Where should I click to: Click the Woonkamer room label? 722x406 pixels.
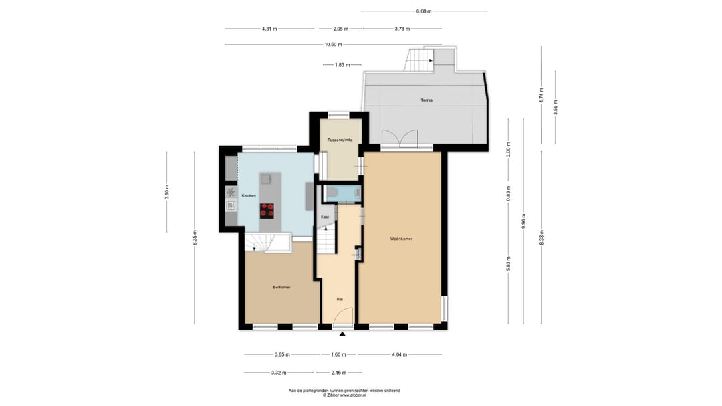(x=401, y=239)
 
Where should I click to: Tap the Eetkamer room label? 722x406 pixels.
(x=281, y=287)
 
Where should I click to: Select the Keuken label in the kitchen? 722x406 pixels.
(x=249, y=195)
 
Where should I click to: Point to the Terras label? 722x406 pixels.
(x=427, y=100)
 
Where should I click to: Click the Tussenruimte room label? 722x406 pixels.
(x=340, y=140)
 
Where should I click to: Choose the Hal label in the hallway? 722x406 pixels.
(x=340, y=299)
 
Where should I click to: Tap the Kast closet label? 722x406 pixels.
(x=325, y=217)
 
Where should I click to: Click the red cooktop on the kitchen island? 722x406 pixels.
(x=267, y=210)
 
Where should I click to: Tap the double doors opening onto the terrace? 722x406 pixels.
(x=400, y=138)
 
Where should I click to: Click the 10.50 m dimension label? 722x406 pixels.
(x=334, y=45)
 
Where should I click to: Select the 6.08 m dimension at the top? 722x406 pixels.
(x=424, y=11)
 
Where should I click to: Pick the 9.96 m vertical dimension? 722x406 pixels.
(x=524, y=221)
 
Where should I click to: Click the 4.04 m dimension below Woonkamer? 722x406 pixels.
(x=399, y=355)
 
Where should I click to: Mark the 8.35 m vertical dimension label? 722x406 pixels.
(x=195, y=238)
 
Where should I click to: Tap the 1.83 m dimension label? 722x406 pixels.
(x=342, y=65)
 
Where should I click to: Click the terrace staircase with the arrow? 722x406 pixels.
(x=419, y=60)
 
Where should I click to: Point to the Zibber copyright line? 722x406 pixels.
(x=344, y=395)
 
